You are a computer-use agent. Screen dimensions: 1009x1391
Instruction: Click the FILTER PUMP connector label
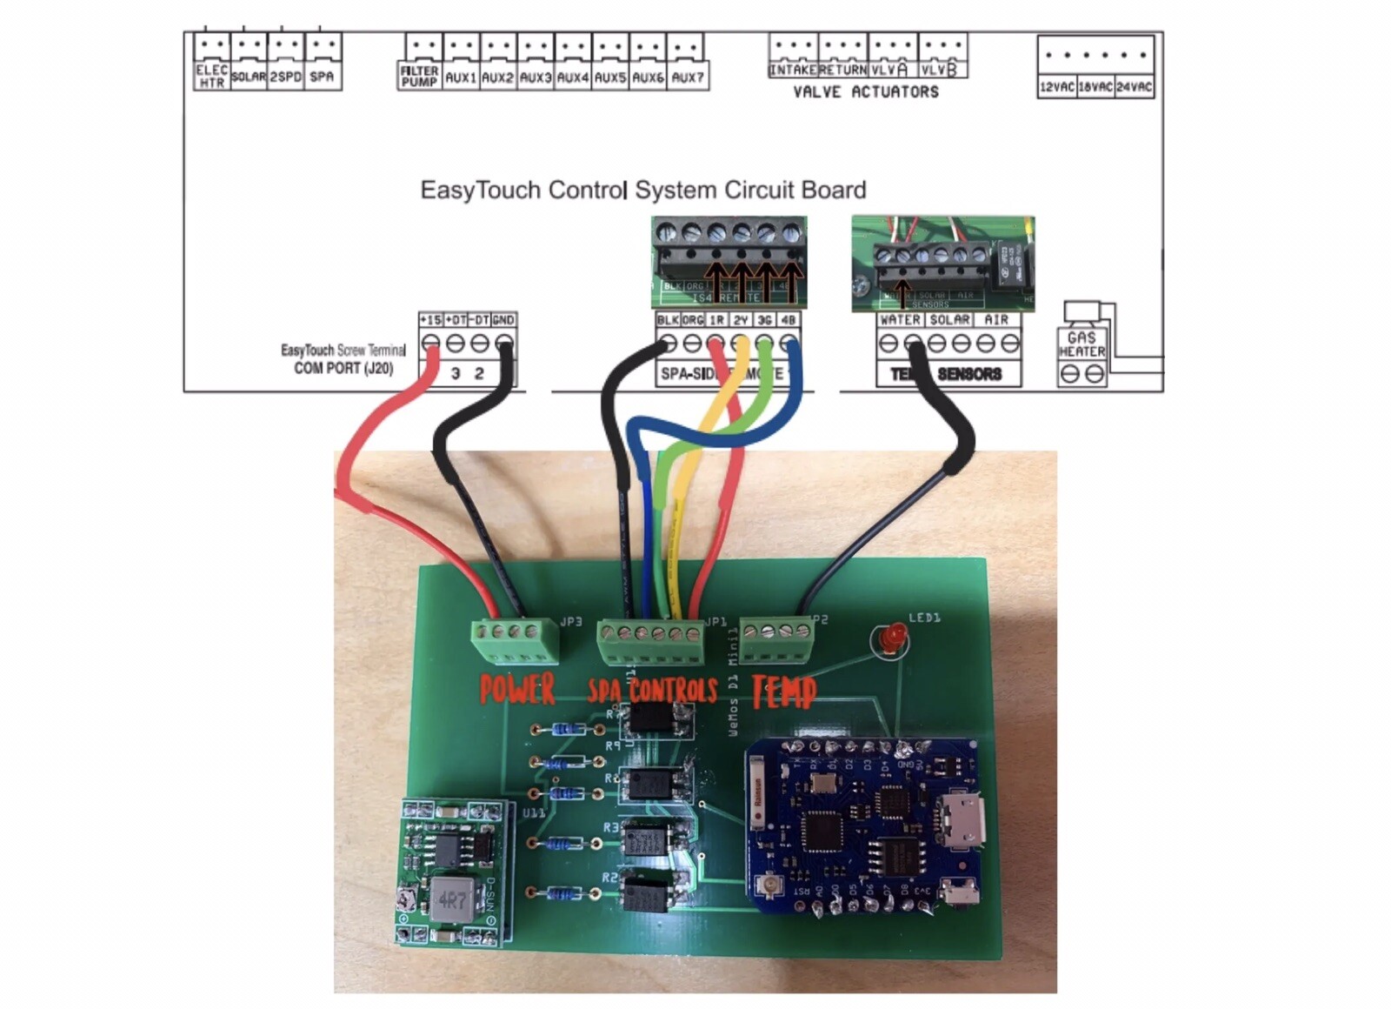point(419,77)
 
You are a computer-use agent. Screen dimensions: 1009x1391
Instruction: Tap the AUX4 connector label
point(573,77)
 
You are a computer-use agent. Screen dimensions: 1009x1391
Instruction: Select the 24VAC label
point(1135,87)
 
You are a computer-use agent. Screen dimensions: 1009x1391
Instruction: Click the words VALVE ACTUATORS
point(866,92)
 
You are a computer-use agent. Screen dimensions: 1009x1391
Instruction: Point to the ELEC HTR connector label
point(211,77)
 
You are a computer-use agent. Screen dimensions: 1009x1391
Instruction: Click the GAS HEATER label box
point(1082,344)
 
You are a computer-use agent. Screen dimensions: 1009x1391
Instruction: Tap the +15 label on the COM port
point(430,320)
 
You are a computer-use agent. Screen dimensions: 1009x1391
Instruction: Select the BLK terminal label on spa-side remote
point(668,320)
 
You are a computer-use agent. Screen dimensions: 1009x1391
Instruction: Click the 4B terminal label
point(788,320)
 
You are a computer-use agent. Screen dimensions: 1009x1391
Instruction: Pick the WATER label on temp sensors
point(900,320)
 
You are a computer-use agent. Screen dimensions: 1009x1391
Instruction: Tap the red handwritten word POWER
point(517,690)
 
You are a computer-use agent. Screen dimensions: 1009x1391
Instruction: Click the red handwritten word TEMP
point(784,692)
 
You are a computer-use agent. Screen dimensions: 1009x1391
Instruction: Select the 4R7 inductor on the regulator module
point(451,899)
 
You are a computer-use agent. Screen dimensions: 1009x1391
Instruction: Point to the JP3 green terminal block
point(515,642)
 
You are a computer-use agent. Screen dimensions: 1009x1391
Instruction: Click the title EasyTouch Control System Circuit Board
point(643,190)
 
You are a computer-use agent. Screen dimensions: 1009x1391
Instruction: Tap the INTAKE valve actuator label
point(793,70)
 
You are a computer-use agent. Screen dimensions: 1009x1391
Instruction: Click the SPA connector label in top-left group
point(322,77)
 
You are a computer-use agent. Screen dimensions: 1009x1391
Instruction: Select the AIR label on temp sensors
point(996,320)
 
